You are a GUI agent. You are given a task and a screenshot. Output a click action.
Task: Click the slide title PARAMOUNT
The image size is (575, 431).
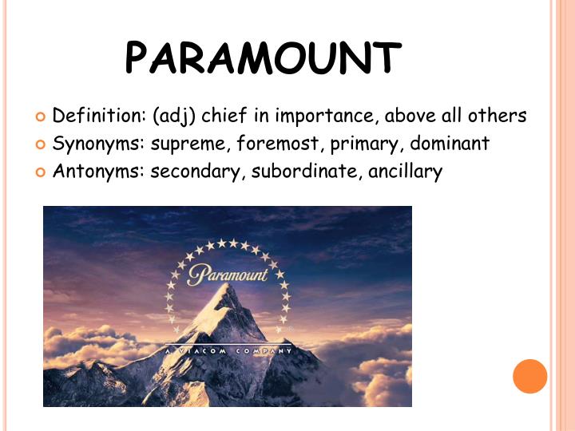click(264, 57)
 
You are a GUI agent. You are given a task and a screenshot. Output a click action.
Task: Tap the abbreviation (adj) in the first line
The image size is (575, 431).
click(174, 117)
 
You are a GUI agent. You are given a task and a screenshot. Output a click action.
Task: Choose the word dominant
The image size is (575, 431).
click(450, 144)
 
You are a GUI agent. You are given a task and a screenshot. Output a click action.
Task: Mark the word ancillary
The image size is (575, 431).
click(405, 172)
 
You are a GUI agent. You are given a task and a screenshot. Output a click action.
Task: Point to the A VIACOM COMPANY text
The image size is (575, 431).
click(228, 351)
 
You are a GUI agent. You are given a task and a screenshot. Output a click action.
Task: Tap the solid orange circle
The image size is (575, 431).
click(529, 376)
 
